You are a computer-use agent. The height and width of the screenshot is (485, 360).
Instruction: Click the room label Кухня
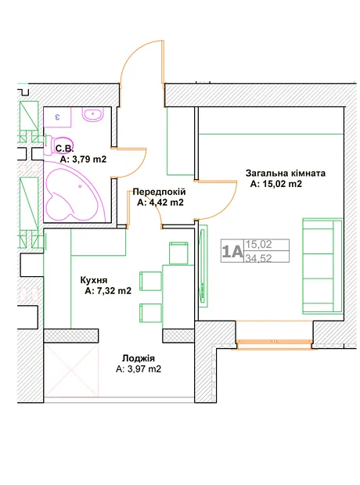[94, 280]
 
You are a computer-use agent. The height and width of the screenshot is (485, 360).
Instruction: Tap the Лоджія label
[139, 358]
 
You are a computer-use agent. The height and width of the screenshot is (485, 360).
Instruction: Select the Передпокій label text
[159, 192]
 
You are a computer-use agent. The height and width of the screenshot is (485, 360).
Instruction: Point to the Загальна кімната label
[286, 173]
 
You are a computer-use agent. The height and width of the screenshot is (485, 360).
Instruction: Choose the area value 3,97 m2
[143, 369]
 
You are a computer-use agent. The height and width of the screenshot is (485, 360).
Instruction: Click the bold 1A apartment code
[232, 251]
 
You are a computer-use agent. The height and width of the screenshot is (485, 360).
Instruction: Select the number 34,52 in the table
[258, 257]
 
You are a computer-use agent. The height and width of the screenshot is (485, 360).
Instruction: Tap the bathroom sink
[92, 114]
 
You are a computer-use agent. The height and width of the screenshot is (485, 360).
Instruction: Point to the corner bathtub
[75, 192]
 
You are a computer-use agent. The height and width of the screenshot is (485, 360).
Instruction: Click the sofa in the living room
[322, 266]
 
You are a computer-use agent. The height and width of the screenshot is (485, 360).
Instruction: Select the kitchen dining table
[178, 296]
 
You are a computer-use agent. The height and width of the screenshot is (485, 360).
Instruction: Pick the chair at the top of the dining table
[178, 253]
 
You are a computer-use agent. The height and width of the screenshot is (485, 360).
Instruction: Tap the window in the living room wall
[274, 344]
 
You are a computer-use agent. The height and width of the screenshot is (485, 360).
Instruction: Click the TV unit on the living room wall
[203, 266]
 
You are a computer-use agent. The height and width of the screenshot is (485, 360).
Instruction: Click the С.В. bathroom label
[65, 149]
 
